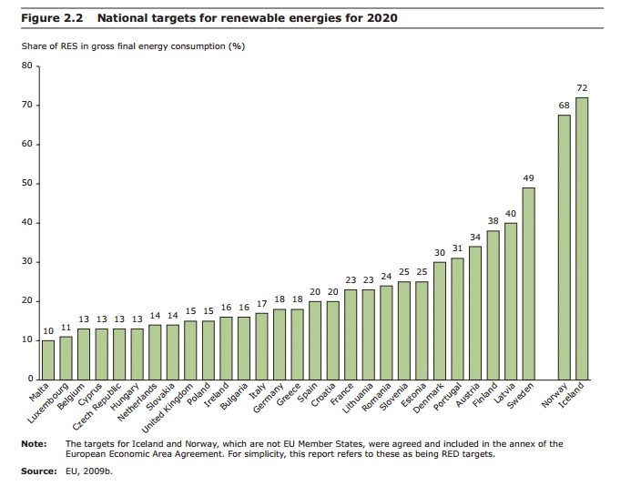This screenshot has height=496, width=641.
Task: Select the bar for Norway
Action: tap(565, 247)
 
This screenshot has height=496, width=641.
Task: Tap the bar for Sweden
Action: tap(528, 283)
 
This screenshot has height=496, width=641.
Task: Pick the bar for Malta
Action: tap(48, 359)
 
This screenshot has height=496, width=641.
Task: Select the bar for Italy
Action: tap(261, 346)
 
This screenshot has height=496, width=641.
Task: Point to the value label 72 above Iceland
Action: tap(582, 87)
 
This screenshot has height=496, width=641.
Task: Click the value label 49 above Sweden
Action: tap(528, 177)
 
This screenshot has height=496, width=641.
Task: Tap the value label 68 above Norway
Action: tap(565, 106)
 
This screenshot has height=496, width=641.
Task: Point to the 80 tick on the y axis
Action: tap(25, 66)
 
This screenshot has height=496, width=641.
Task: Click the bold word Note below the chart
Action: tap(33, 443)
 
